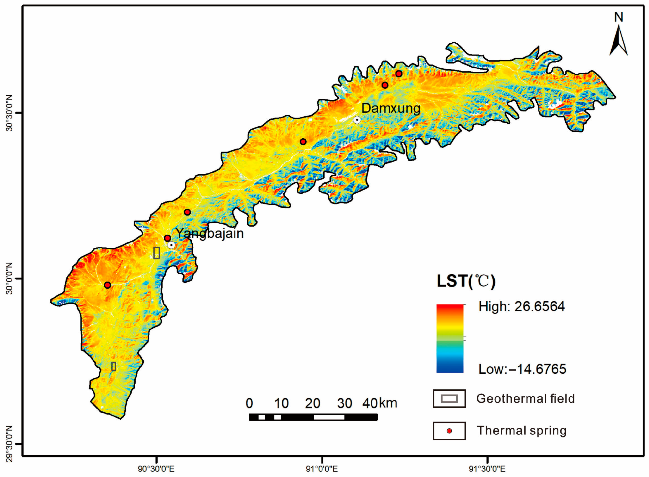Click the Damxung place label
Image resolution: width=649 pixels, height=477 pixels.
[x=391, y=108]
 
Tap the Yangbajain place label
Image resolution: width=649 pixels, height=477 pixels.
[x=209, y=234]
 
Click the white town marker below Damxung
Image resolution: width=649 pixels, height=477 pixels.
[x=357, y=120]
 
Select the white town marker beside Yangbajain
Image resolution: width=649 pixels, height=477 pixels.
[x=171, y=245]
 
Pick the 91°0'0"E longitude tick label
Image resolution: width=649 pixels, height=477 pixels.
[x=322, y=469]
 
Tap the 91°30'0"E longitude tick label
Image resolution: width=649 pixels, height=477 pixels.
[x=487, y=469]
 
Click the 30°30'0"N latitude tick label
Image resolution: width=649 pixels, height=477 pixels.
[x=10, y=113]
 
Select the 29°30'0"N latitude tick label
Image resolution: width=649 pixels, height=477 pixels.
[x=10, y=444]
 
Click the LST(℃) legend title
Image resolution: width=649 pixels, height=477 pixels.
[x=466, y=281]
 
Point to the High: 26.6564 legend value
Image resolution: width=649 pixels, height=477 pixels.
[x=522, y=306]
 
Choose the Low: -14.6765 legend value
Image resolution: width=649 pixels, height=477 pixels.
[x=522, y=369]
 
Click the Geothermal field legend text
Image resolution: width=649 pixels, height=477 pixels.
[x=525, y=399]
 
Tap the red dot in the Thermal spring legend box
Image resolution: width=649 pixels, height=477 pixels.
[x=449, y=431]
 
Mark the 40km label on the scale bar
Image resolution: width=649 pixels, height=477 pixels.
[x=379, y=403]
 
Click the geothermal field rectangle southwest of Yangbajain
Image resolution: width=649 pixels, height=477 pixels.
[x=157, y=253]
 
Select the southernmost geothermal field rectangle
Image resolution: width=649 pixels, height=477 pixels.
[x=114, y=366]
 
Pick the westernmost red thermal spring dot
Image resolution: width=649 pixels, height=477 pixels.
[x=108, y=285]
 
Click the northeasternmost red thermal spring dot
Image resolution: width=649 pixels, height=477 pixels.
[x=399, y=74]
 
